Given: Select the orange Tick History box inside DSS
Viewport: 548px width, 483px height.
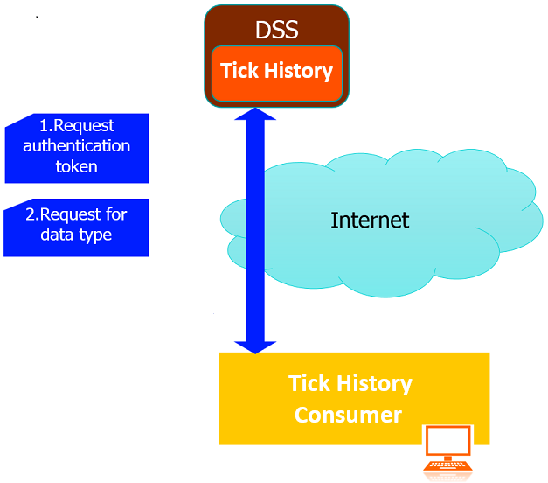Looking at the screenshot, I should coord(276,71).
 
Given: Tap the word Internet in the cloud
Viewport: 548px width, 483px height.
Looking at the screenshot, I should coord(370,220).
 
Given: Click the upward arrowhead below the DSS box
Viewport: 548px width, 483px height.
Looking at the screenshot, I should coord(256,115).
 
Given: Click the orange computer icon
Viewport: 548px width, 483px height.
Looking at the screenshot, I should coord(447,451).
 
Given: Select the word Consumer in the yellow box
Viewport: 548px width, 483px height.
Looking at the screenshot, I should coord(348,414).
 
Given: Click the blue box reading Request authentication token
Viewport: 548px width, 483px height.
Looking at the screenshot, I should coord(77,146).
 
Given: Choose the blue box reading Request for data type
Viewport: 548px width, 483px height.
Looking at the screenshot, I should coord(77,226).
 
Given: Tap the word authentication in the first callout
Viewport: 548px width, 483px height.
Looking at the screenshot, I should coord(77,146).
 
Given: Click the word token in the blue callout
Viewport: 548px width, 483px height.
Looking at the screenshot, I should coord(77,166).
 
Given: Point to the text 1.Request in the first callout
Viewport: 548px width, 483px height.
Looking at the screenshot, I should coord(77,126).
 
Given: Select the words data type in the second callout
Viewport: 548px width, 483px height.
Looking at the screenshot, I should coord(76,235).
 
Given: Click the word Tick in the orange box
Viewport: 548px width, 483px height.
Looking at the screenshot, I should coord(238,71).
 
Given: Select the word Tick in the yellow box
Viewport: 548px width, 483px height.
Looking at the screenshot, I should coord(308,384).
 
